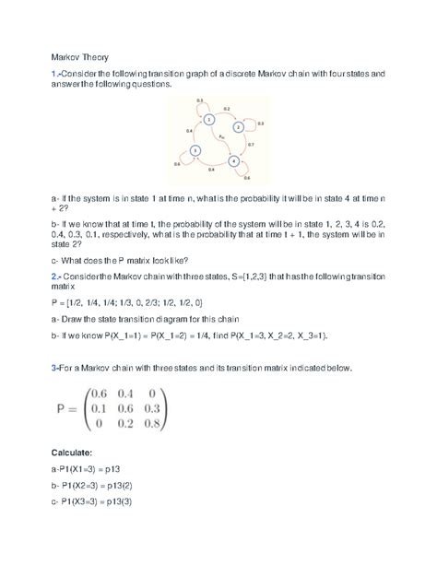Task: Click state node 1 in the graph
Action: coord(210,120)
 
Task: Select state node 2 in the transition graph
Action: coord(242,128)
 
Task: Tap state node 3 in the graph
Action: coord(195,149)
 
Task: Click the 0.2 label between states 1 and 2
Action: coord(227,109)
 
